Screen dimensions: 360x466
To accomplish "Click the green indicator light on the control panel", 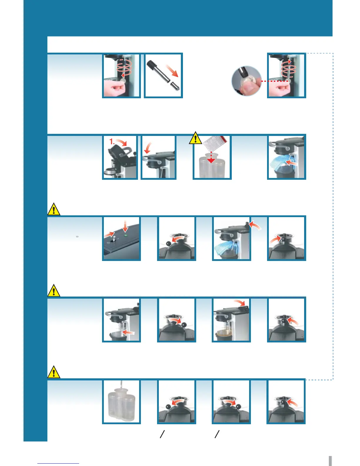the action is (x=126, y=236).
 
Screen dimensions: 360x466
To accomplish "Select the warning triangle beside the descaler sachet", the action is (x=195, y=138).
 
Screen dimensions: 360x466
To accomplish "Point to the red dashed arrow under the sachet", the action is (x=211, y=157).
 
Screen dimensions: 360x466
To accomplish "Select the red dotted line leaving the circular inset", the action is (x=275, y=81).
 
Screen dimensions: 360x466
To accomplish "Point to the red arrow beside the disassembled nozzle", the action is (x=173, y=71).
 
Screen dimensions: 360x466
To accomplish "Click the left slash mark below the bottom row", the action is (x=162, y=434).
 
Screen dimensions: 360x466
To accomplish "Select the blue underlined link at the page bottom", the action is (x=58, y=463).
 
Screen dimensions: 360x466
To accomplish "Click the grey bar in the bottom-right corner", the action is (x=330, y=461).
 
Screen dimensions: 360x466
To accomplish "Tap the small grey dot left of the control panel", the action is (x=77, y=236).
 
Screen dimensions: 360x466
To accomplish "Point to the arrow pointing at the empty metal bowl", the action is (x=128, y=332).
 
